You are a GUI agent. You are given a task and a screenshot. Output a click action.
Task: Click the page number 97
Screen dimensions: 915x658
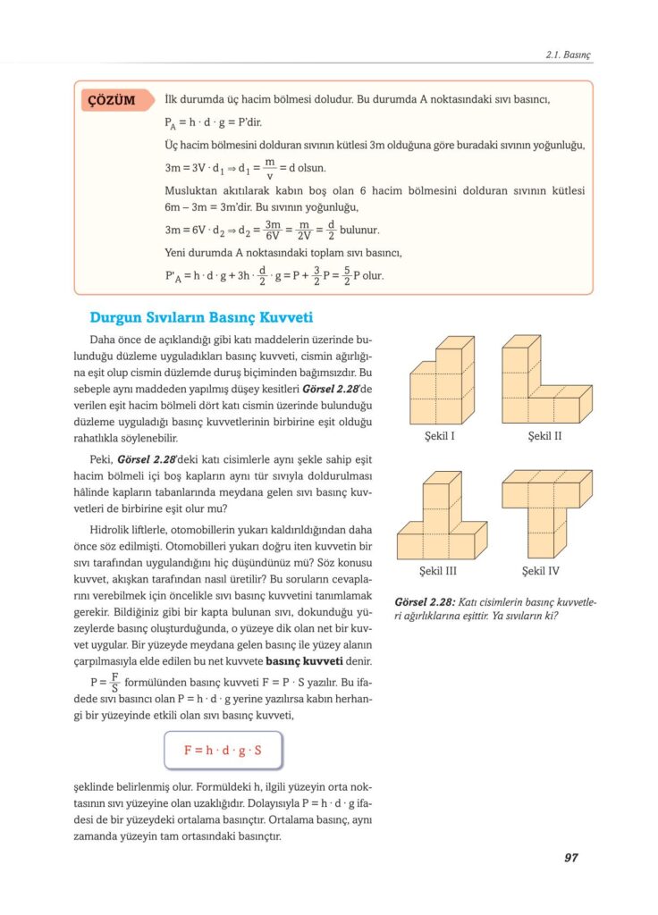click(570, 858)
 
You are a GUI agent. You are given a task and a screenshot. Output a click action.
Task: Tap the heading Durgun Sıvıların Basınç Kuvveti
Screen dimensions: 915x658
click(201, 317)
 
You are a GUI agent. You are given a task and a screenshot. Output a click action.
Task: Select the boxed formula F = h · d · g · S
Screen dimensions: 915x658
click(223, 750)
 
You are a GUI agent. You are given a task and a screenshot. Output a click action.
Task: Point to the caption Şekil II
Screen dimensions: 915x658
click(544, 437)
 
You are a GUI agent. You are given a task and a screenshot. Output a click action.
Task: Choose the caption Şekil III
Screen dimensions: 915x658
click(438, 571)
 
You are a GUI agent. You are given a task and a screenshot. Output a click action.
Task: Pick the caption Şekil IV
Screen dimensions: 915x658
click(544, 571)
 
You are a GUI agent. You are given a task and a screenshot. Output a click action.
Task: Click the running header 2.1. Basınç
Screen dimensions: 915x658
click(568, 55)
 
